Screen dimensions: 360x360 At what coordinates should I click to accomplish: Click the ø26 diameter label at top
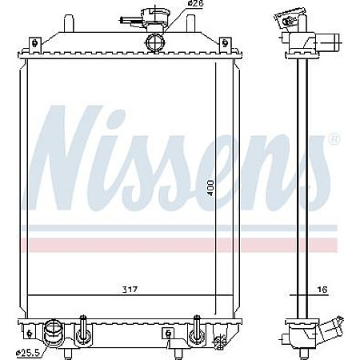click(194, 6)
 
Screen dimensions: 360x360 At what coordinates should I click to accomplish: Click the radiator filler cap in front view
click(150, 14)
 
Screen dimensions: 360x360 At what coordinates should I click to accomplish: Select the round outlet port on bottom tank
click(54, 329)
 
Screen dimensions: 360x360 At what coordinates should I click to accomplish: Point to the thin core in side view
click(302, 184)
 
